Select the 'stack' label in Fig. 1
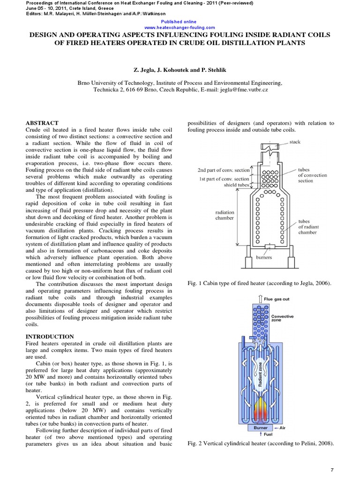pos(295,142)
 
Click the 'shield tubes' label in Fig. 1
pos(235,185)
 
